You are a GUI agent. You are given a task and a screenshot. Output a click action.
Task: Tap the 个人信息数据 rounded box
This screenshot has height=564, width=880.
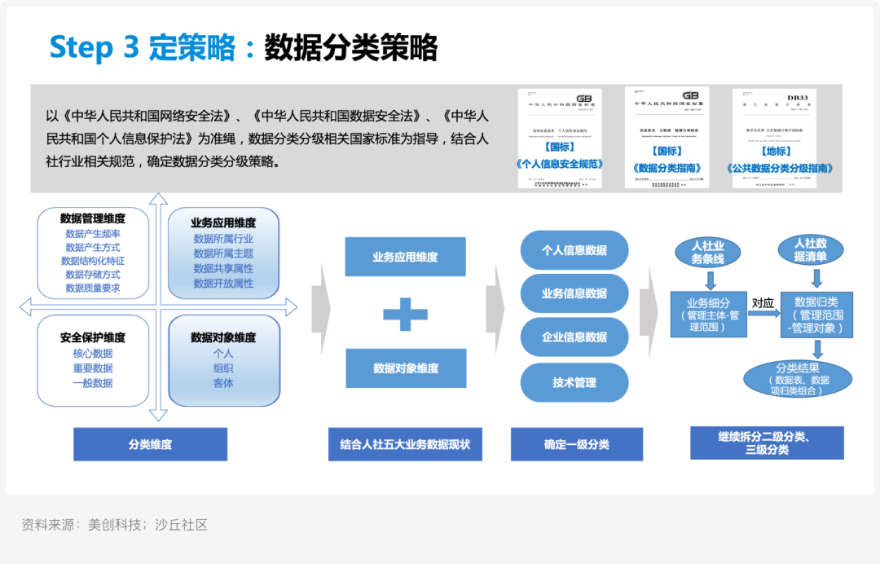coord(574,250)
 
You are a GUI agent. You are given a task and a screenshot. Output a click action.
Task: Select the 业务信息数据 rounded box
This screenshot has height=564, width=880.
coord(574,293)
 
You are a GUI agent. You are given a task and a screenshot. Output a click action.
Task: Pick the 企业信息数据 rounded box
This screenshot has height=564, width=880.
coord(574,337)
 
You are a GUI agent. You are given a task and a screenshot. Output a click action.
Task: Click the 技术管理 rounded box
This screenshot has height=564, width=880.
coord(574,382)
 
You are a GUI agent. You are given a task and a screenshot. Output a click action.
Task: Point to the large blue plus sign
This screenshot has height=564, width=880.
coord(405,314)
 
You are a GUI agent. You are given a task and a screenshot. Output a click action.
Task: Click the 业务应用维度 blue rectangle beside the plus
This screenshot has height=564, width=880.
coord(405,257)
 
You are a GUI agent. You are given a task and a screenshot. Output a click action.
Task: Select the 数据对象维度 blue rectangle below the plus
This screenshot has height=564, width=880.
coord(406,368)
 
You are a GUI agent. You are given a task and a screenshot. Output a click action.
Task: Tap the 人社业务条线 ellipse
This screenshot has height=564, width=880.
coord(707,252)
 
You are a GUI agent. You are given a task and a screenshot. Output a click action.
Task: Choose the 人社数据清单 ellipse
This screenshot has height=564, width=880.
coord(810,250)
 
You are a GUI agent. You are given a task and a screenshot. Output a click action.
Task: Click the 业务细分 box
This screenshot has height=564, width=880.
coord(707,314)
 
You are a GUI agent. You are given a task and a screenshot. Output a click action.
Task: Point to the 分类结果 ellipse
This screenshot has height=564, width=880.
coord(798,379)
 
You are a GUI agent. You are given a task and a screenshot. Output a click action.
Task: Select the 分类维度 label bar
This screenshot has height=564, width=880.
coord(150,444)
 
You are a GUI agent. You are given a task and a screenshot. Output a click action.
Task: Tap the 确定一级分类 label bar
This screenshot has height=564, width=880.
coord(576,444)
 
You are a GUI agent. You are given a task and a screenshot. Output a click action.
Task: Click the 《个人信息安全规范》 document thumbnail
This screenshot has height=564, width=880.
coord(560,139)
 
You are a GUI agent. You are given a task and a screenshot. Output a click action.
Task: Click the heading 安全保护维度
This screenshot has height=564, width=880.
coord(93,337)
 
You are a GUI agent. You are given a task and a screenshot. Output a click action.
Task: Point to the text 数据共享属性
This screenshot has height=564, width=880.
coord(223,269)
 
